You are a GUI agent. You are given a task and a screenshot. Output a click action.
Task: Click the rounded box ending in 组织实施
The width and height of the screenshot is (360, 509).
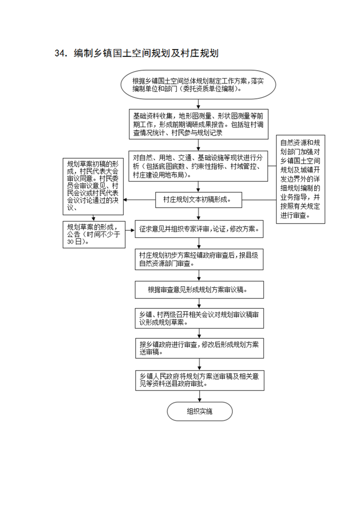[200, 411]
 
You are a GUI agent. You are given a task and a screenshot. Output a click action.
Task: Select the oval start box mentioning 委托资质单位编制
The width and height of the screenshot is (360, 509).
[198, 85]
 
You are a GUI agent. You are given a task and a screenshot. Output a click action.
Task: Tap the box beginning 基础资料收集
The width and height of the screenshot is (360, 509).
[198, 124]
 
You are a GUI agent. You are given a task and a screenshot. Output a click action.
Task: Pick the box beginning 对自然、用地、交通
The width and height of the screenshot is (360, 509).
[198, 166]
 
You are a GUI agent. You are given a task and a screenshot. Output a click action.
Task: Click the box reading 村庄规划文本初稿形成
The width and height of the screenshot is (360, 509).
[198, 200]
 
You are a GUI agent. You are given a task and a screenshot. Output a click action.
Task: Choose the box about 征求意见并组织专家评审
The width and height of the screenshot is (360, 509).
[199, 229]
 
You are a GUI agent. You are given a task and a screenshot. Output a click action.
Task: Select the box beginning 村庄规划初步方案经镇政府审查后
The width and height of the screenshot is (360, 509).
[199, 259]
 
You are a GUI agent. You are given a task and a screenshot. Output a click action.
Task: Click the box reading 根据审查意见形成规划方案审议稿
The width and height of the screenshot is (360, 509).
[199, 289]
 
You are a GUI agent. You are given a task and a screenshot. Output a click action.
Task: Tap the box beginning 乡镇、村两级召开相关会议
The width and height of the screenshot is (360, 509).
[199, 318]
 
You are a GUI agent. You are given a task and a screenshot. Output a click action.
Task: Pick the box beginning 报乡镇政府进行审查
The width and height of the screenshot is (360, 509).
[199, 348]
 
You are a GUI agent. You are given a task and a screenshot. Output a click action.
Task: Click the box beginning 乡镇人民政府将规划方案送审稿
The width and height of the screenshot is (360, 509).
[199, 380]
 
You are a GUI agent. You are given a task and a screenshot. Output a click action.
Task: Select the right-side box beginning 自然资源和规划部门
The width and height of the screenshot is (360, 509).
[301, 179]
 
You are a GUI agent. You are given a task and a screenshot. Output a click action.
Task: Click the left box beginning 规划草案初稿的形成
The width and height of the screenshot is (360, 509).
[93, 186]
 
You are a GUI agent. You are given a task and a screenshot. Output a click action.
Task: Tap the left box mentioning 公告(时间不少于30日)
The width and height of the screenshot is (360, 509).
[94, 235]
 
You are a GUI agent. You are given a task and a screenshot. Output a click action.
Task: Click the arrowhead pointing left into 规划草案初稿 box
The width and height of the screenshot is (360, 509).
[125, 200]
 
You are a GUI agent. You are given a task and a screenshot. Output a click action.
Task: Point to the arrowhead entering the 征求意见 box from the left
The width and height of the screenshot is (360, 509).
[133, 230]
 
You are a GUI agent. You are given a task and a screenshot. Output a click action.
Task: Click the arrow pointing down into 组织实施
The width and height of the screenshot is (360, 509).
[199, 396]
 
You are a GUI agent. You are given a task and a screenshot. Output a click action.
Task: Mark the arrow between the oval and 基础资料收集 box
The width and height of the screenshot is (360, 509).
[198, 104]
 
